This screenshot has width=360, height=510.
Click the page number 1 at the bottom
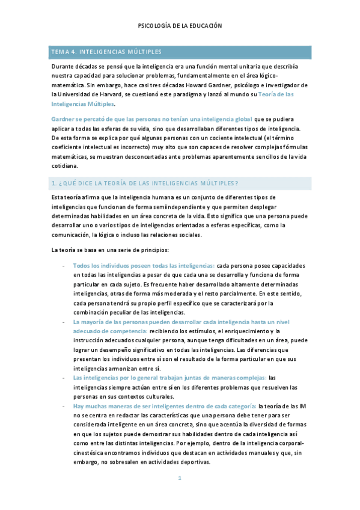point(180,478)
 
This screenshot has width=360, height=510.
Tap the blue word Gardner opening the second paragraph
point(62,120)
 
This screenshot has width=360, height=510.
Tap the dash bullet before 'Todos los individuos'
point(64,265)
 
